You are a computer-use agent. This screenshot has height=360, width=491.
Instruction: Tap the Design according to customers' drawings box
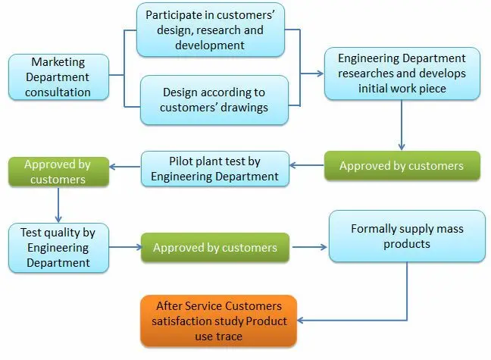(x=215, y=99)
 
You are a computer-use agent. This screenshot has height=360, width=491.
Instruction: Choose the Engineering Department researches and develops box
(x=402, y=74)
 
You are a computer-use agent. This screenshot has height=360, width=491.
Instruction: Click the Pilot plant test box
(x=214, y=167)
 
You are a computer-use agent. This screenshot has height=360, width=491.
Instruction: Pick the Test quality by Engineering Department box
(x=58, y=247)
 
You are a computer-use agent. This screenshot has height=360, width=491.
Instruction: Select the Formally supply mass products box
(x=407, y=236)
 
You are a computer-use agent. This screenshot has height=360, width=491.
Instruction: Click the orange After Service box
(x=218, y=321)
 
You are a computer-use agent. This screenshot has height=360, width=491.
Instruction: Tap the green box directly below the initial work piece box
(x=402, y=166)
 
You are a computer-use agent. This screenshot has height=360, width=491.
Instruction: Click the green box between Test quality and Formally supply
(x=214, y=247)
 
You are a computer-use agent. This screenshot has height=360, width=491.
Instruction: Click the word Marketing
(x=58, y=62)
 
